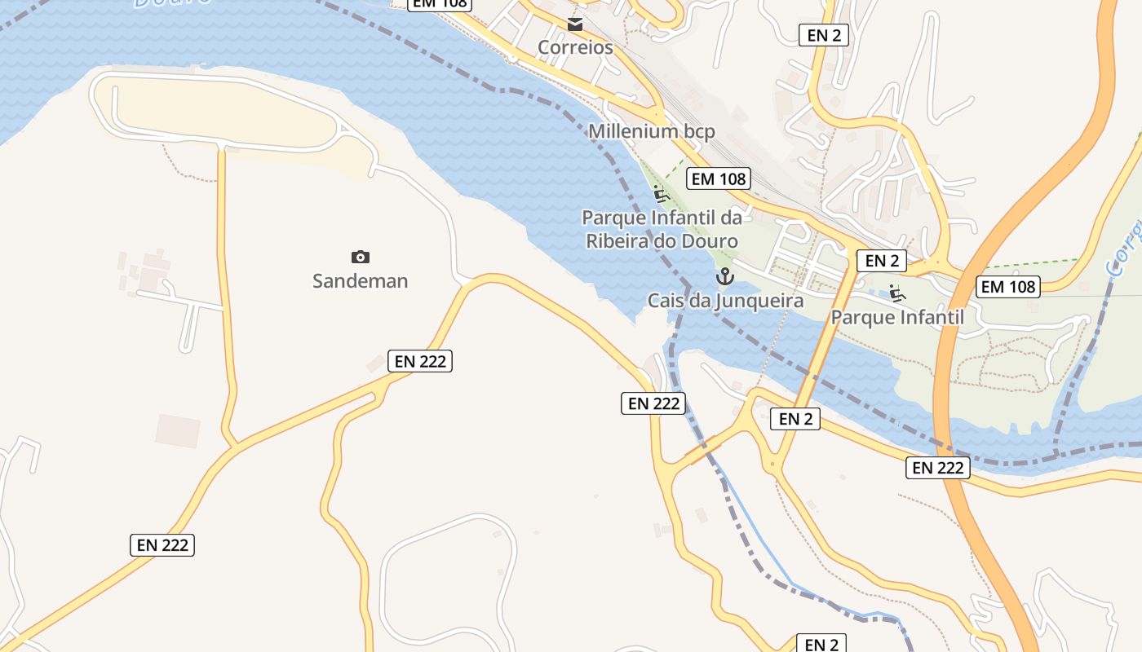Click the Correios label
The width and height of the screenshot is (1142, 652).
(575, 47)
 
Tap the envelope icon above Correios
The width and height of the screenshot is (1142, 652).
(575, 24)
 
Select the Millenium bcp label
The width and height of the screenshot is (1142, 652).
(652, 131)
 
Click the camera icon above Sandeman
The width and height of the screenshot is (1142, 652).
(360, 258)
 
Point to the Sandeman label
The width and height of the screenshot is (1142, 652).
(360, 281)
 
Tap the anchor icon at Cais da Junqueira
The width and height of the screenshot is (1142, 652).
(724, 277)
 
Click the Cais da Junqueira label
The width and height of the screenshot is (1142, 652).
(725, 301)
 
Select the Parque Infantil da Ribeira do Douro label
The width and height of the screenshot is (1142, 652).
(662, 229)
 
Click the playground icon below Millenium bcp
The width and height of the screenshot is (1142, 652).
(661, 194)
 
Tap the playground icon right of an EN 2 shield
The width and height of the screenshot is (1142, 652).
(897, 293)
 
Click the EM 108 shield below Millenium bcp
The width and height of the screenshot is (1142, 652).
(718, 178)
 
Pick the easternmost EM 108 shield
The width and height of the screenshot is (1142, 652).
(1008, 286)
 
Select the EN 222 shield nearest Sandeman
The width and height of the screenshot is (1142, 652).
(420, 361)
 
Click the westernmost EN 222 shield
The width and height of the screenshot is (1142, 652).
(162, 545)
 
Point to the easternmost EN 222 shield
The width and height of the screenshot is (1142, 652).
(938, 468)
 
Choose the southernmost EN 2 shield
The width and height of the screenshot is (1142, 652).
(821, 644)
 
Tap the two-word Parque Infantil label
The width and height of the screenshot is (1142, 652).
(897, 317)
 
